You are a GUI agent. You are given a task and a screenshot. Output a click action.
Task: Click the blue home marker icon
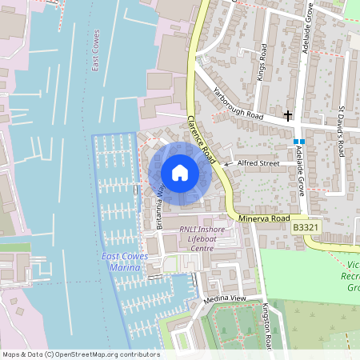point(179,173)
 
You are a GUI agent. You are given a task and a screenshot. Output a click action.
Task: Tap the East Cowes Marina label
point(121,262)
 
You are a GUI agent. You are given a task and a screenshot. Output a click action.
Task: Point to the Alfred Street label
point(258,163)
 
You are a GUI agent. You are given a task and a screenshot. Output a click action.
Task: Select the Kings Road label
point(262,58)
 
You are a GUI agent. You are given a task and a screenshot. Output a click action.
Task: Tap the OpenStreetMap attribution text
point(81,354)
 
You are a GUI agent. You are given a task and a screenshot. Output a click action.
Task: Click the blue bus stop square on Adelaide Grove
point(298,141)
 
